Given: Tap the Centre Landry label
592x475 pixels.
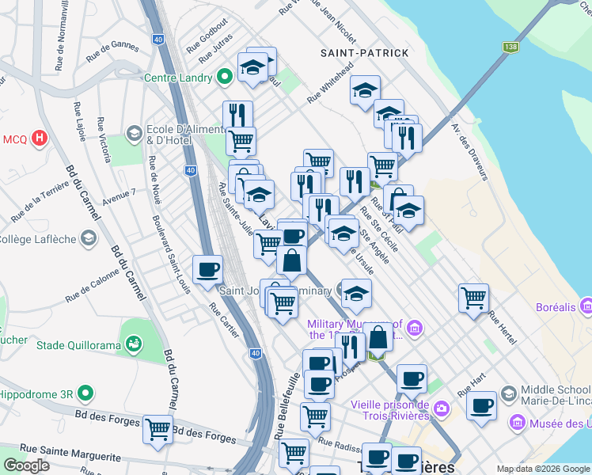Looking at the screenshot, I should pyautogui.click(x=178, y=78).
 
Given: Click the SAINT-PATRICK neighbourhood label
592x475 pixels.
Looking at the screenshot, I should pyautogui.click(x=365, y=53).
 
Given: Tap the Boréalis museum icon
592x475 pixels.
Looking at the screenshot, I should pyautogui.click(x=586, y=305).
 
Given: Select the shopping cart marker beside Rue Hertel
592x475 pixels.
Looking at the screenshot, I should pyautogui.click(x=473, y=298).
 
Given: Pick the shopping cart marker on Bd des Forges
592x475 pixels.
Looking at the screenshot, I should pyautogui.click(x=158, y=428).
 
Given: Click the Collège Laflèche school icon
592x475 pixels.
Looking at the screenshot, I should pyautogui.click(x=89, y=237).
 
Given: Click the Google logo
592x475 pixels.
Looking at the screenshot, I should pyautogui.click(x=26, y=465).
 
